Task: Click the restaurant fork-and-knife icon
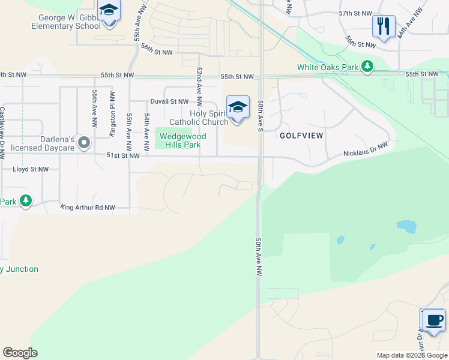pyautogui.click(x=384, y=26)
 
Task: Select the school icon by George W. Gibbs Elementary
pyautogui.click(x=109, y=11)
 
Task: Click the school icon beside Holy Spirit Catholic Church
pyautogui.click(x=238, y=107)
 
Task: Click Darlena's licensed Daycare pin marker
pyautogui.click(x=84, y=143)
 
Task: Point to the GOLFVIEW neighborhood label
pyautogui.click(x=301, y=136)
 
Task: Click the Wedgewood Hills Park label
pyautogui.click(x=182, y=140)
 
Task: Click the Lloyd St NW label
pyautogui.click(x=31, y=170)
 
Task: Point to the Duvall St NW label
pyautogui.click(x=169, y=102)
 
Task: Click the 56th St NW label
pyautogui.click(x=157, y=52)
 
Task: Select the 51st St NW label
pyautogui.click(x=122, y=155)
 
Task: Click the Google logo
pyautogui.click(x=20, y=353)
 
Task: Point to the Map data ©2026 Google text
pyautogui.click(x=411, y=355)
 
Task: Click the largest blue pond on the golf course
pyautogui.click(x=406, y=227)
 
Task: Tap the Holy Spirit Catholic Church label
pyautogui.click(x=198, y=118)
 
